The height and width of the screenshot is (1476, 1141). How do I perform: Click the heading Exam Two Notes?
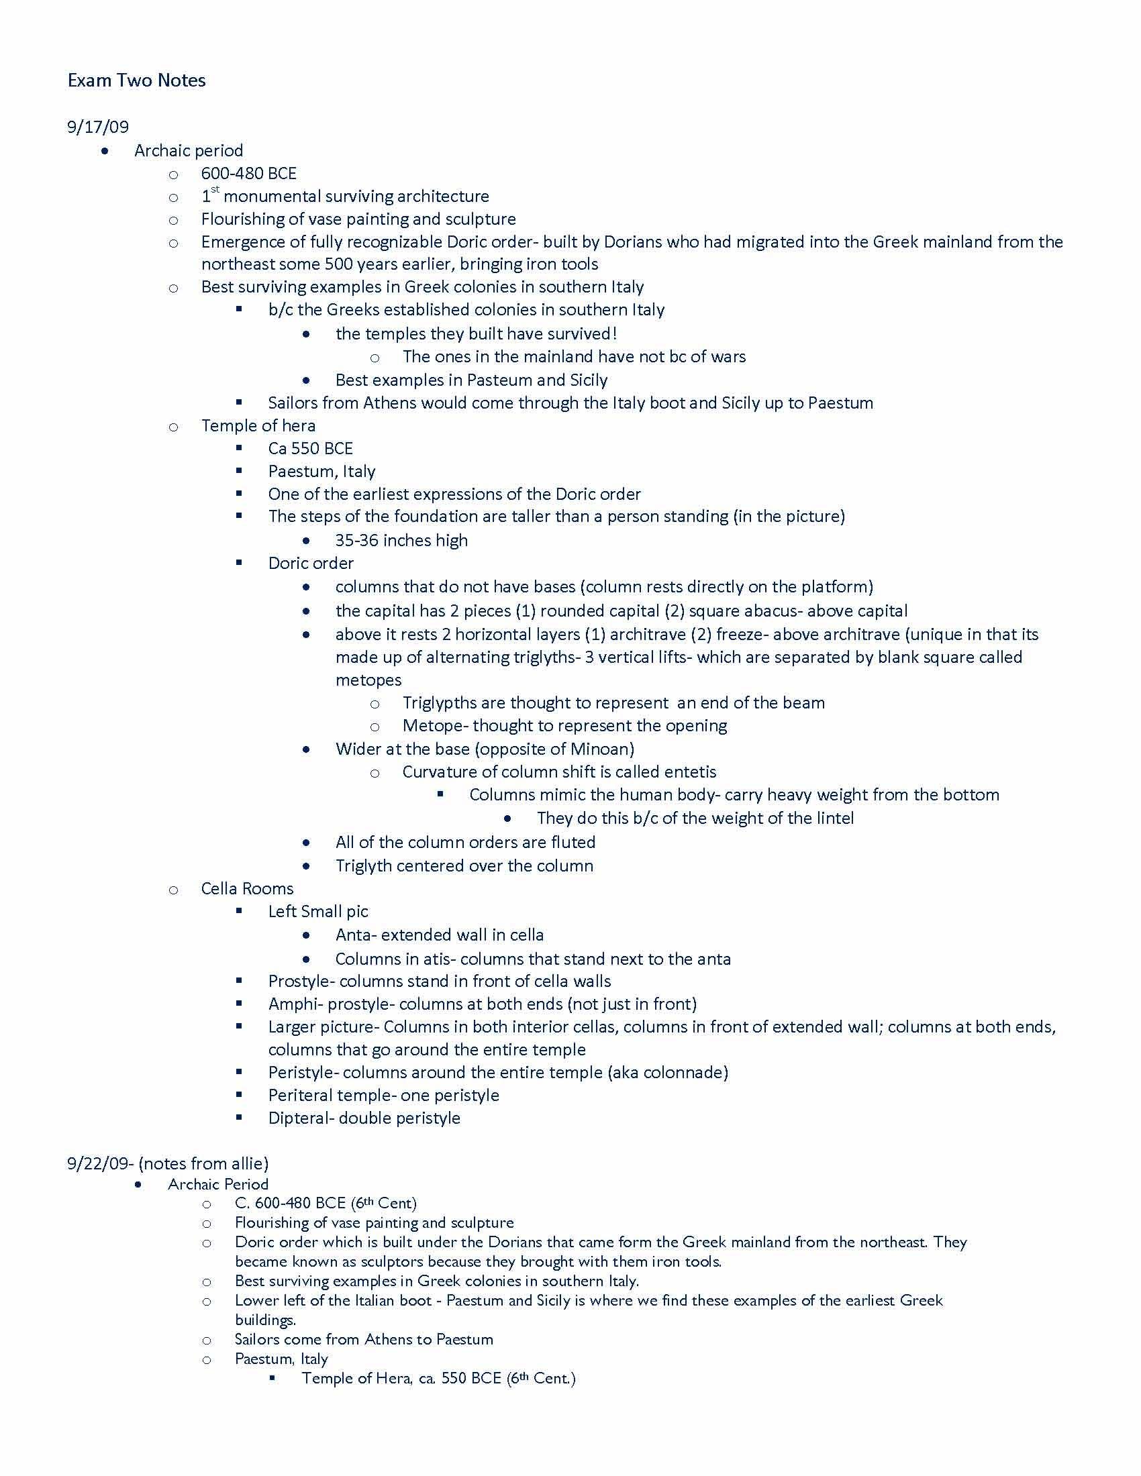pyautogui.click(x=136, y=81)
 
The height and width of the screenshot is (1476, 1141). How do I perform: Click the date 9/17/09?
pyautogui.click(x=97, y=126)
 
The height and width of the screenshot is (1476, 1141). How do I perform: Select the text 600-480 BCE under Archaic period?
pyautogui.click(x=249, y=174)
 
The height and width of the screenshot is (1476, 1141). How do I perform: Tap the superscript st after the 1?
pyautogui.click(x=215, y=190)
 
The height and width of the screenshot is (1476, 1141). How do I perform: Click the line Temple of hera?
pyautogui.click(x=258, y=426)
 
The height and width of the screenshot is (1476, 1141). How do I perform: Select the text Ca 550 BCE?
pyautogui.click(x=310, y=449)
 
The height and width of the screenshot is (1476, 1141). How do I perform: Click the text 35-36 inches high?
pyautogui.click(x=401, y=541)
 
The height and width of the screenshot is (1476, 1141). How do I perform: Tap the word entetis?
pyautogui.click(x=690, y=772)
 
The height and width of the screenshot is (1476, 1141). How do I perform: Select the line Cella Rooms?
pyautogui.click(x=248, y=889)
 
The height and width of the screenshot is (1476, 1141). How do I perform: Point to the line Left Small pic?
pyautogui.click(x=317, y=912)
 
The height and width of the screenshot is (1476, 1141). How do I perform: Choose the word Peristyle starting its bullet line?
pyautogui.click(x=301, y=1073)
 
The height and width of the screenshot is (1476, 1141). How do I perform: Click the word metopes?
pyautogui.click(x=368, y=680)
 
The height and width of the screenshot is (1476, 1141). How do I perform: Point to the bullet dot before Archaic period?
pyautogui.click(x=105, y=152)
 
